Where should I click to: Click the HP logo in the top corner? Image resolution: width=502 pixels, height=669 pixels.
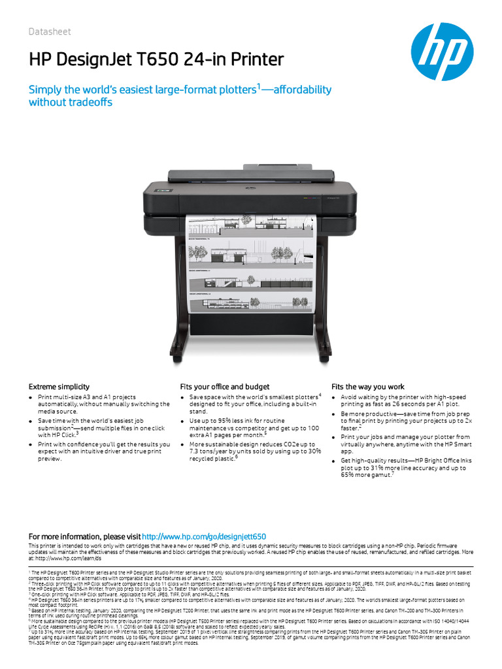[442, 52]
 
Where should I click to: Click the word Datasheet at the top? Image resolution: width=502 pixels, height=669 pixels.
[50, 32]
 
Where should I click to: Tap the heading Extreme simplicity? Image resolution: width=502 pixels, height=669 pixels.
[59, 387]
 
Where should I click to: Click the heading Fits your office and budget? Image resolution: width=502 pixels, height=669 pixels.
[225, 387]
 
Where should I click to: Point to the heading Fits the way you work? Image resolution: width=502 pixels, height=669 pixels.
[368, 387]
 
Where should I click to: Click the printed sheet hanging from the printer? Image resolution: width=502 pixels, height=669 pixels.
[252, 261]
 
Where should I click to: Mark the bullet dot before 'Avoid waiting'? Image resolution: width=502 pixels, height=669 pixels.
[335, 397]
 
